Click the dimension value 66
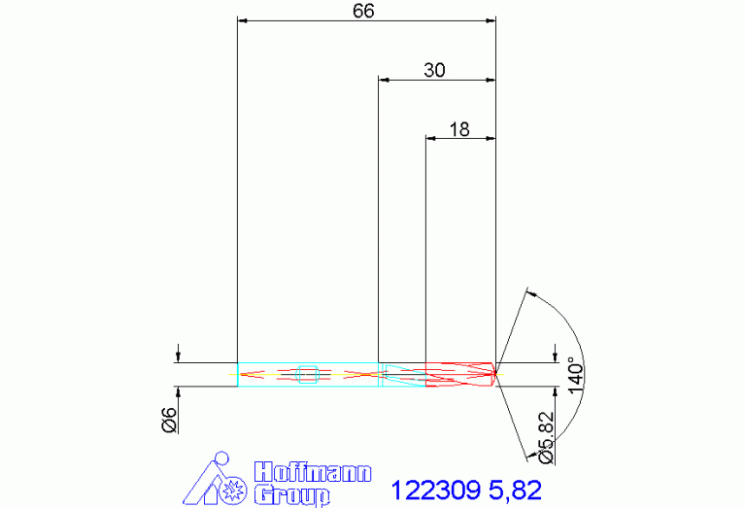[363, 11]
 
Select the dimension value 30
[435, 70]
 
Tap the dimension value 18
[459, 129]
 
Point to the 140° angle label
[575, 376]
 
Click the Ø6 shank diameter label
[169, 420]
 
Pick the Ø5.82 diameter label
[547, 438]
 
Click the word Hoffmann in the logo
[312, 472]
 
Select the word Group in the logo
[291, 495]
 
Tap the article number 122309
[436, 490]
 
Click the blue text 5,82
[515, 490]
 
